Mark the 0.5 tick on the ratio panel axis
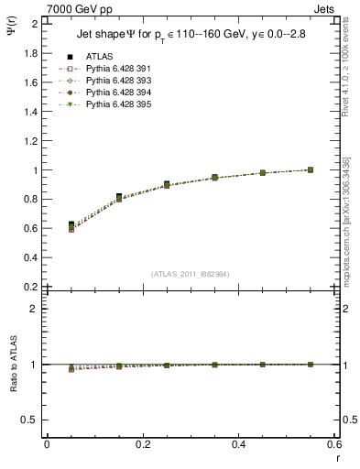coord(31,420)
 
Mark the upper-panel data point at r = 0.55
coord(311,169)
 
